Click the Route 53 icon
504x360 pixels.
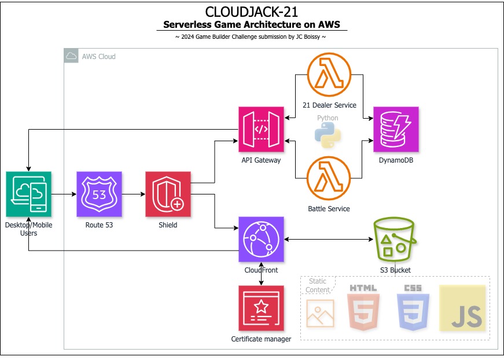click(x=99, y=194)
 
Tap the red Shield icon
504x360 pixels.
click(x=168, y=194)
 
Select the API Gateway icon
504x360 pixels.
click(x=261, y=129)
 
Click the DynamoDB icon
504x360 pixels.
click(x=396, y=129)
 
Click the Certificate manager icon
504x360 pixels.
click(x=261, y=308)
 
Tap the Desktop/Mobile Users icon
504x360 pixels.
click(x=28, y=194)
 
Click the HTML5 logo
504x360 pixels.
click(x=363, y=307)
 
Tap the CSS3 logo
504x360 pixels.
click(x=413, y=307)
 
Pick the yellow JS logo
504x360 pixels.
click(x=462, y=308)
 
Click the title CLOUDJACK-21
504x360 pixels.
click(x=252, y=12)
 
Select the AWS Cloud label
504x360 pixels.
click(x=98, y=56)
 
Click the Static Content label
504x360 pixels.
click(x=318, y=285)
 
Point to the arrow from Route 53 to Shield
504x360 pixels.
click(x=133, y=194)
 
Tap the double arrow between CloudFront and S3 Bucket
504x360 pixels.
click(x=328, y=240)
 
